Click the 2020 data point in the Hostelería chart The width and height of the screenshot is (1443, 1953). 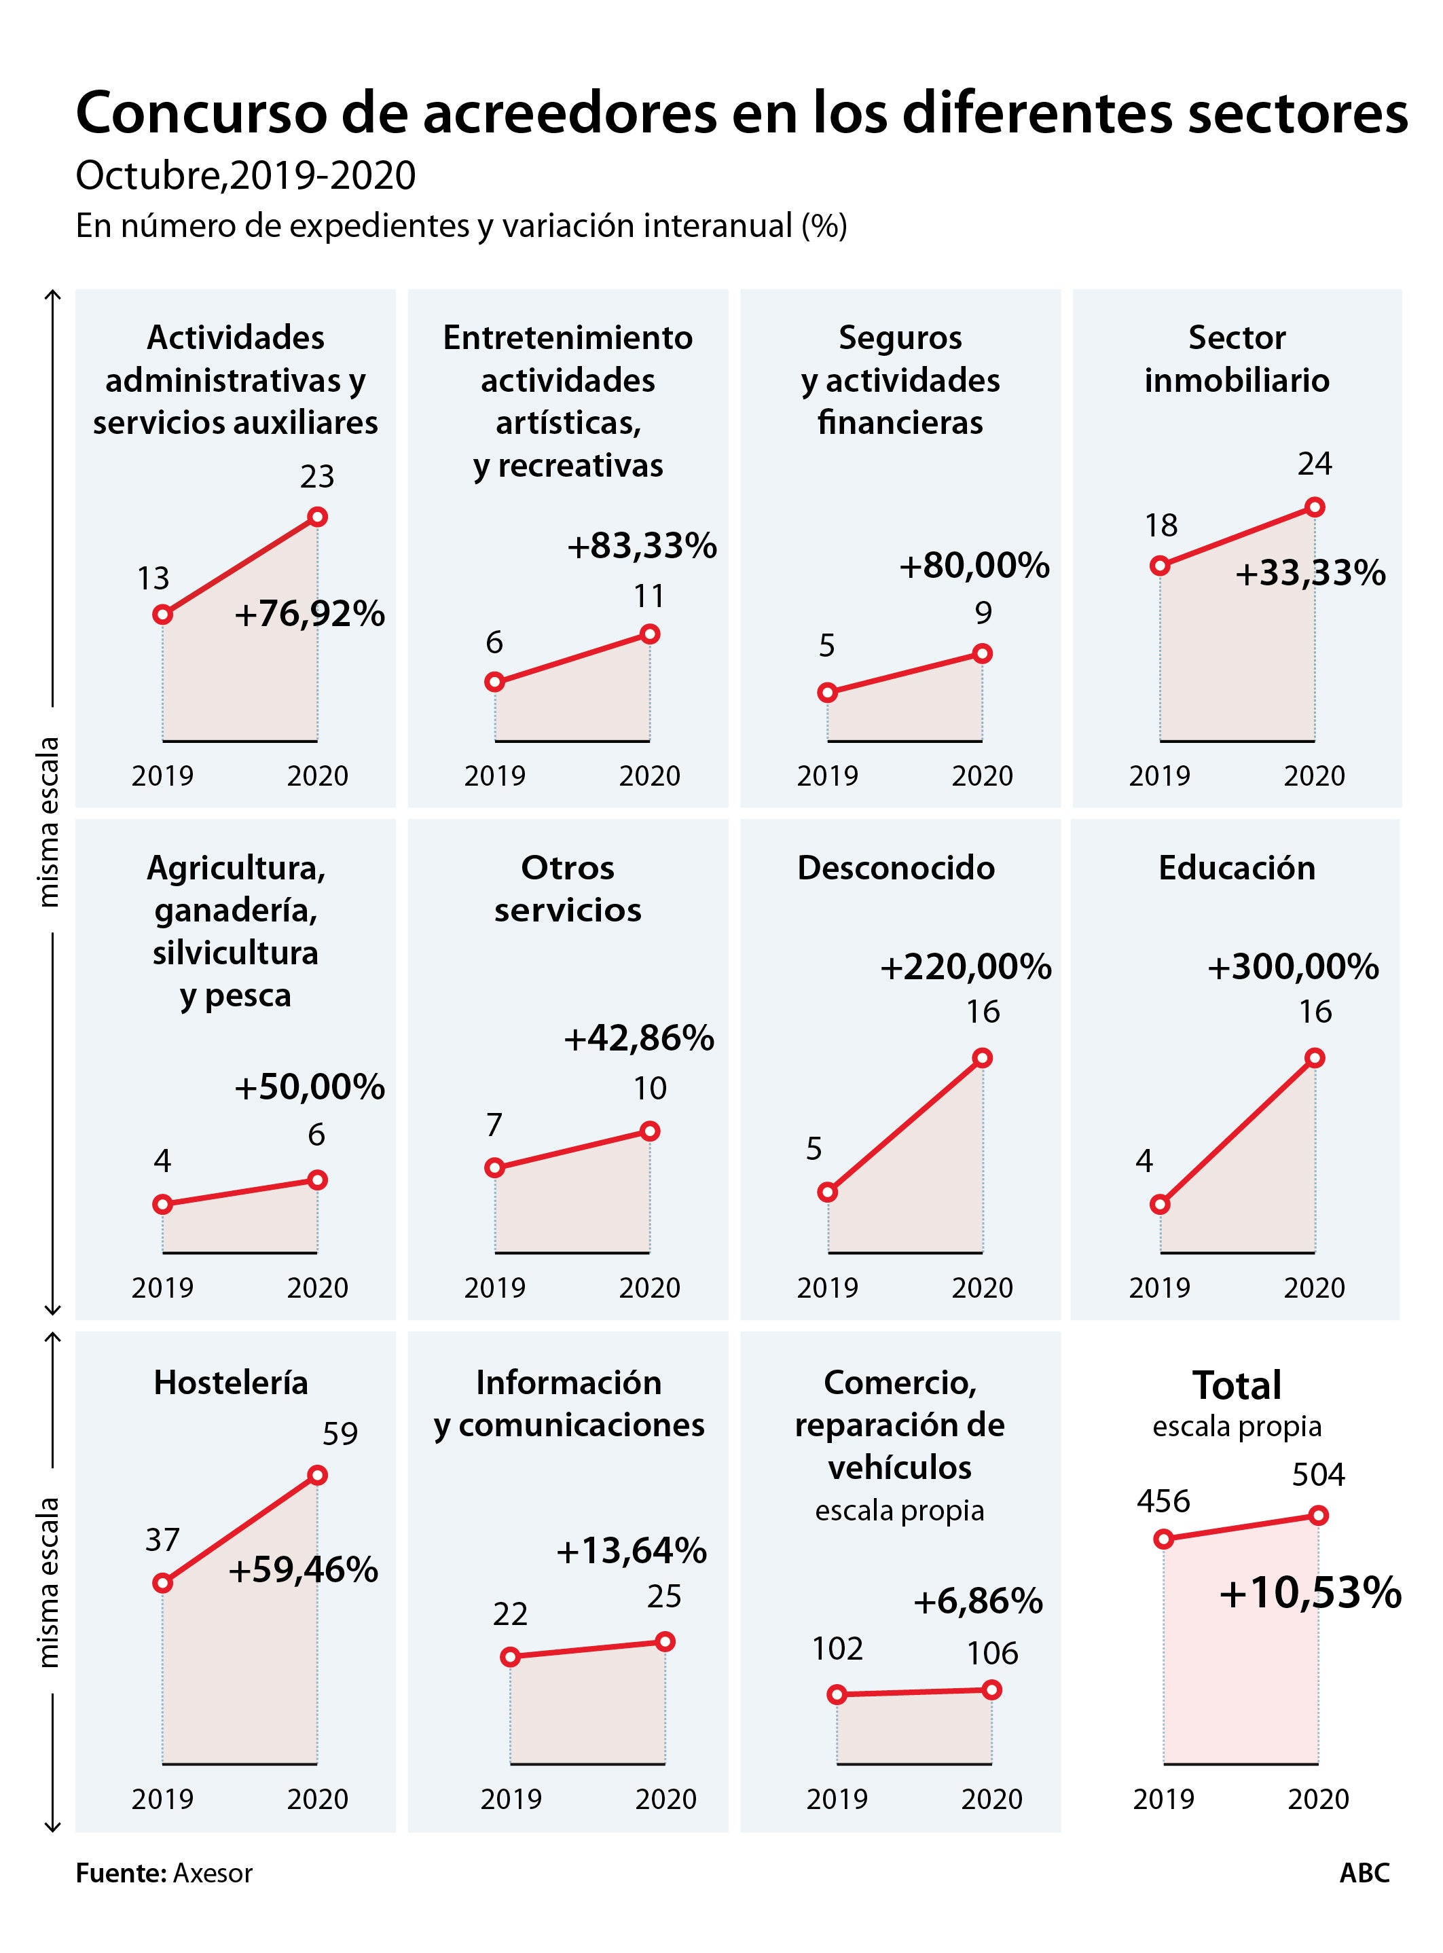click(317, 1475)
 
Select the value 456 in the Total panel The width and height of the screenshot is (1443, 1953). click(1163, 1501)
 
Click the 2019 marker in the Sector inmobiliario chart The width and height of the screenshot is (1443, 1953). click(1160, 566)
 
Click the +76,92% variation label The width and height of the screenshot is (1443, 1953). click(309, 614)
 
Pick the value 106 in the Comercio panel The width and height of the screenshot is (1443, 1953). click(992, 1653)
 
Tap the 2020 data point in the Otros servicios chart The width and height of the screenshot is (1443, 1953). click(649, 1131)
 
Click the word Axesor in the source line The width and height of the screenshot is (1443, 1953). click(213, 1873)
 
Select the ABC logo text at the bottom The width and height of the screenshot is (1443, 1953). click(1364, 1873)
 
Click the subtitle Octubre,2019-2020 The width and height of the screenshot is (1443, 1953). click(245, 176)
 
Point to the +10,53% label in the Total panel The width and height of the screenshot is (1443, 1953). click(1309, 1592)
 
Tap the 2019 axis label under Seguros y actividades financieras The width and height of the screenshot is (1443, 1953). click(827, 775)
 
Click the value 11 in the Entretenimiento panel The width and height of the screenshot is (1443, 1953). click(649, 596)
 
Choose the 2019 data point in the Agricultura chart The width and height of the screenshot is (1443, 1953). click(162, 1205)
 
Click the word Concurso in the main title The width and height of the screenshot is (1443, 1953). click(201, 113)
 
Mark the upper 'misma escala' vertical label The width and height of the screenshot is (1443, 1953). click(49, 821)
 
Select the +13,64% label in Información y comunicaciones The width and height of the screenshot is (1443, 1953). click(631, 1550)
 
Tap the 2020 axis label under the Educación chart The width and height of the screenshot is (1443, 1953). click(1314, 1288)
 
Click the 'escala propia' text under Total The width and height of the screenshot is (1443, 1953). click(1236, 1425)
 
